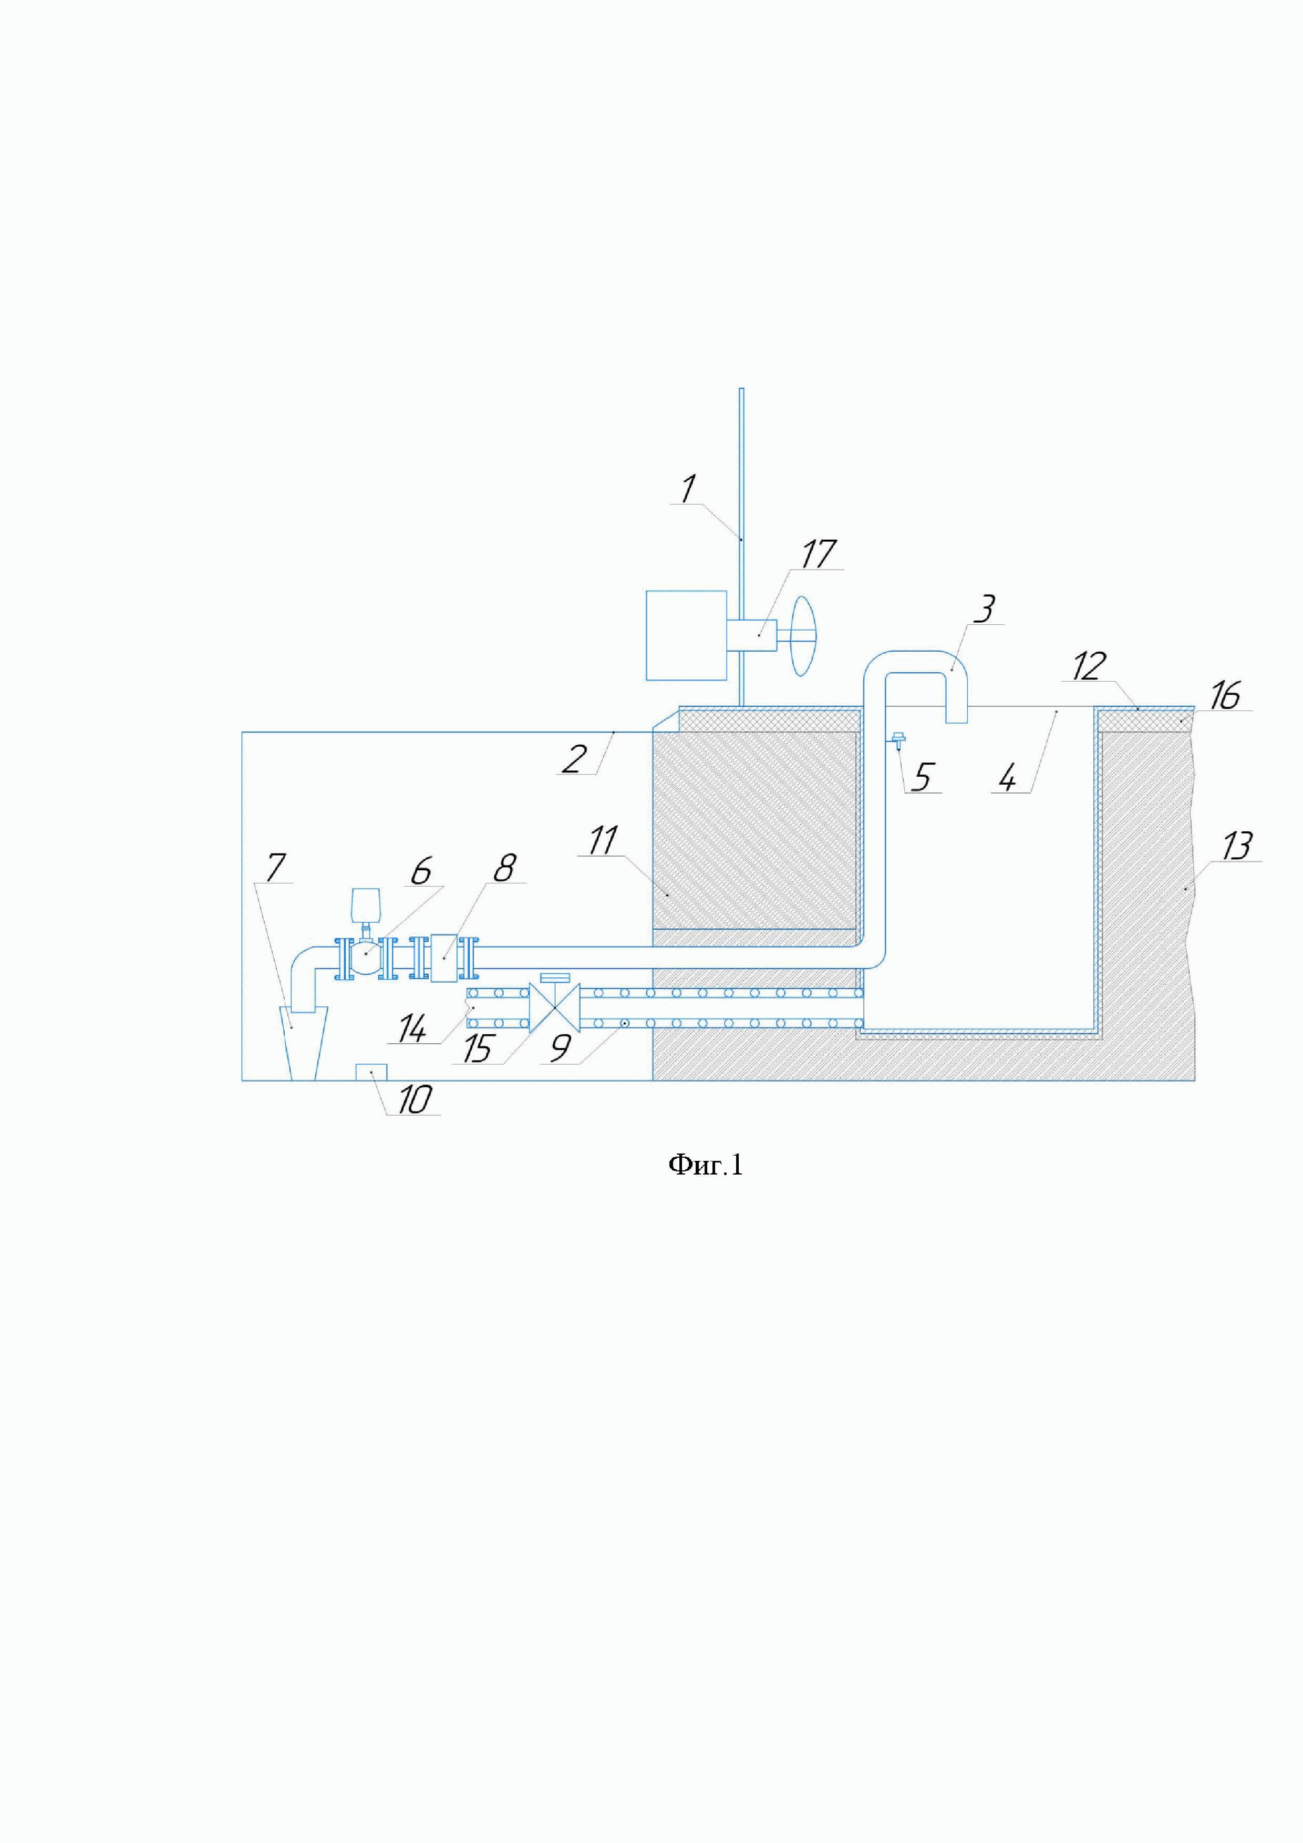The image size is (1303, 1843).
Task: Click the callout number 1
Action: click(688, 489)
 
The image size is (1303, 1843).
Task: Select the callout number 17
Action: click(819, 554)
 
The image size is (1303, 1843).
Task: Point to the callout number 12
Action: click(1088, 666)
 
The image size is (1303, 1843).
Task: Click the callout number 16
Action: click(1224, 695)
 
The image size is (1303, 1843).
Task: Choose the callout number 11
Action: click(603, 840)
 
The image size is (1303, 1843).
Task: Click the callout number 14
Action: click(412, 1029)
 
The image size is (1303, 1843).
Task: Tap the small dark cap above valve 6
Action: click(365, 904)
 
